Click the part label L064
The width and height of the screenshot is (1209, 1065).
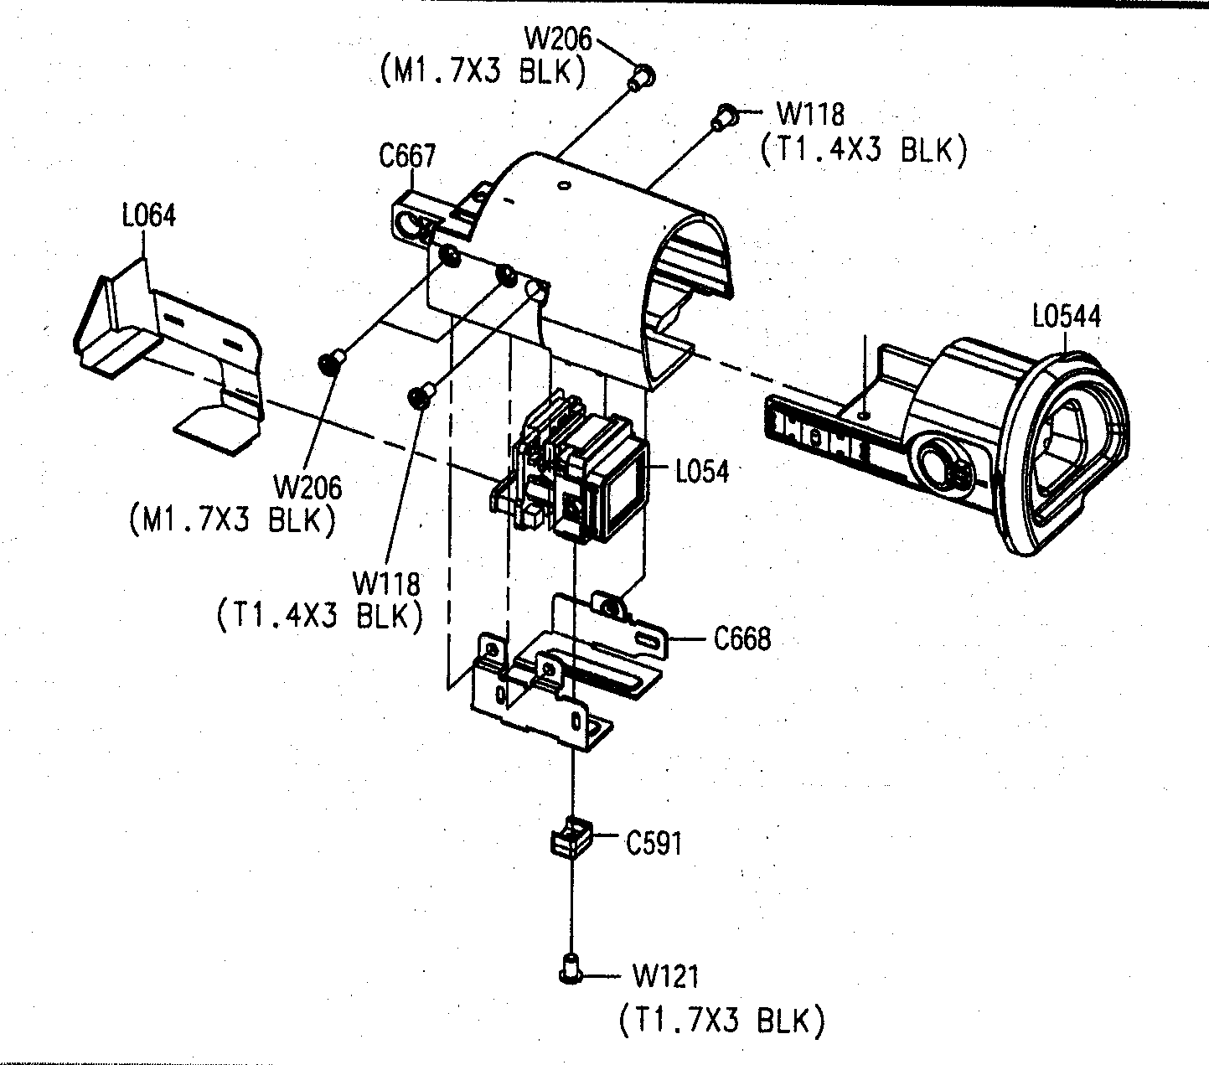[x=148, y=216]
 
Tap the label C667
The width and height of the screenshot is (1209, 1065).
[x=407, y=157]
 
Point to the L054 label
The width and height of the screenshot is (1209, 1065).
[x=702, y=472]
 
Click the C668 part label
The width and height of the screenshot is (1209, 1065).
[x=741, y=639]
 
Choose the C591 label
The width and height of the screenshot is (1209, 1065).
[x=654, y=843]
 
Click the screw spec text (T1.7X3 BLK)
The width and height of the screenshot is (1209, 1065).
[x=722, y=1021]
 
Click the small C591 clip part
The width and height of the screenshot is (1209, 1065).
[x=571, y=837]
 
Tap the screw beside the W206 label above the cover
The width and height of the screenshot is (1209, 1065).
[x=643, y=77]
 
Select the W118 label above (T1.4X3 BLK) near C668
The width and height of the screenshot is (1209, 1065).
[x=386, y=582]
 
